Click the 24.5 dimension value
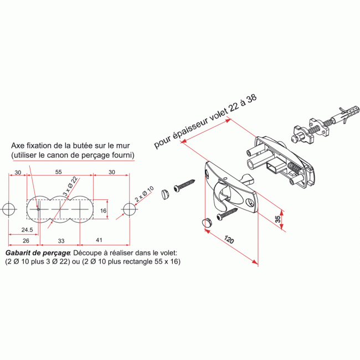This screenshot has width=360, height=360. tap(27, 230)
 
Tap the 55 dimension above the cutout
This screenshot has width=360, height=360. tap(59, 172)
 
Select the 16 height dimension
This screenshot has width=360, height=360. tap(104, 210)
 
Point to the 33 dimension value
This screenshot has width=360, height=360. tap(61, 241)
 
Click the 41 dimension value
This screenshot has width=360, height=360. tap(99, 240)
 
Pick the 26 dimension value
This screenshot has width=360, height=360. tap(26, 240)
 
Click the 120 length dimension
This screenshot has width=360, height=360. tap(229, 239)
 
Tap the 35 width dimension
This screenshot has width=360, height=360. tap(278, 219)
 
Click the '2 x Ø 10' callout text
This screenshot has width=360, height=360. tap(144, 194)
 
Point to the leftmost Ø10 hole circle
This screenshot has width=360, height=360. tap(9, 209)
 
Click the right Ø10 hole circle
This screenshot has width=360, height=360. tap(129, 209)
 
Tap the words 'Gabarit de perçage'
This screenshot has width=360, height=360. tap(38, 253)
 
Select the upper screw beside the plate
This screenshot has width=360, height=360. tap(184, 184)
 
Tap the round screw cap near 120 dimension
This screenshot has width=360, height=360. tap(207, 222)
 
